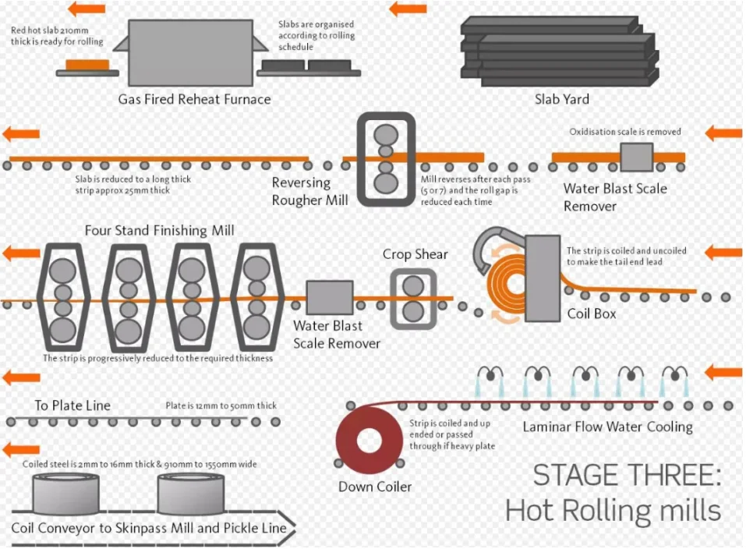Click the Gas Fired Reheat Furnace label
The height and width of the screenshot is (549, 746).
[x=195, y=99]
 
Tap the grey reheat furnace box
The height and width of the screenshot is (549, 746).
[x=190, y=52]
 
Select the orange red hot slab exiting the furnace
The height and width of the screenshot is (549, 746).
[x=87, y=65]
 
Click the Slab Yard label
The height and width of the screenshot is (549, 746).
[x=562, y=99]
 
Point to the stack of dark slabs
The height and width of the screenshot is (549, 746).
[x=560, y=51]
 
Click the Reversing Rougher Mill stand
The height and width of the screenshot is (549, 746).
[x=386, y=159]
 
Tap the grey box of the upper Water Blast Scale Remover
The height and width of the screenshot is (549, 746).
[x=637, y=157]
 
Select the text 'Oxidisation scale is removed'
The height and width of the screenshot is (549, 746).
[x=625, y=132]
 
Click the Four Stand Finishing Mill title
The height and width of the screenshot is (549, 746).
[x=159, y=231]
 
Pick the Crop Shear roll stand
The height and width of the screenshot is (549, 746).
[x=413, y=299]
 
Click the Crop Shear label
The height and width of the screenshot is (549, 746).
[x=415, y=254]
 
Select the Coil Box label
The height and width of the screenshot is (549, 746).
[x=592, y=313]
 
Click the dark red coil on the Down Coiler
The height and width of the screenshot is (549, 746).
[x=369, y=440]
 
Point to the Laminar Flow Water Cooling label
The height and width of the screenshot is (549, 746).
[x=607, y=427]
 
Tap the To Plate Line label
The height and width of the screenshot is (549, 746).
[x=72, y=406]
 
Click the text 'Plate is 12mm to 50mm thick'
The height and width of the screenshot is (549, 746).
[x=221, y=406]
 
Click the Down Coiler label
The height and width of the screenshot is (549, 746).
[x=375, y=487]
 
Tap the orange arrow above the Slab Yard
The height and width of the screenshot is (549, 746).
[x=408, y=9]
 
